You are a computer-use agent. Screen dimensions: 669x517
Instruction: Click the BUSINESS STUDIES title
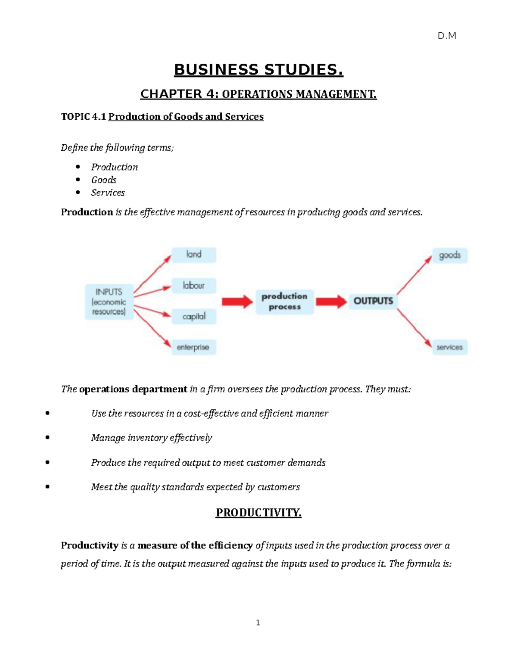point(258,70)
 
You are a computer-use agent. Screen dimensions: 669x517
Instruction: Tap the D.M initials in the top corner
point(447,36)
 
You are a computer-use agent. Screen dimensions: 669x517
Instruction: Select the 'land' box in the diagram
point(194,255)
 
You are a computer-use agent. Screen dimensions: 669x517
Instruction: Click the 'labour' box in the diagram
point(194,286)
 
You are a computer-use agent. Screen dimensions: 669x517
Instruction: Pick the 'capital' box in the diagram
point(194,317)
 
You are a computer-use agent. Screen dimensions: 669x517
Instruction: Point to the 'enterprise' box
point(193,347)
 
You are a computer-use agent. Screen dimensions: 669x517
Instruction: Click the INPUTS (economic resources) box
point(109,302)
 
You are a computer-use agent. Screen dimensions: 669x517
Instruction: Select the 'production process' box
point(284,302)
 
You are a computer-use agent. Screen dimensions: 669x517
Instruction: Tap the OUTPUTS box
point(373,301)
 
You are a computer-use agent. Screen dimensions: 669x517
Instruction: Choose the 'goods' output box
point(450,255)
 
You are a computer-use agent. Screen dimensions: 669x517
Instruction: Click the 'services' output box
point(449,347)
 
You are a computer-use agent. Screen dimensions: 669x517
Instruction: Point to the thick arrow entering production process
point(237,302)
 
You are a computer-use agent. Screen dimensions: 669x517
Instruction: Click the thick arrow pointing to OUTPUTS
point(331,302)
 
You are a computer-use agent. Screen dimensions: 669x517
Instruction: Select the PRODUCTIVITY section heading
point(258,513)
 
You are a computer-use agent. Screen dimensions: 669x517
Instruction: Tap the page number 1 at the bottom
point(258,622)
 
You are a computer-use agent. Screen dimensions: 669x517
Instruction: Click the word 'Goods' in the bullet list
point(103,180)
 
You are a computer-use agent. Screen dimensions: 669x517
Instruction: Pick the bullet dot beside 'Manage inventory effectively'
point(47,438)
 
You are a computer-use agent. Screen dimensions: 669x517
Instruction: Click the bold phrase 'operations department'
point(133,389)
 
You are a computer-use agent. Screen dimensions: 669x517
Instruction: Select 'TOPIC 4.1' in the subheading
point(83,117)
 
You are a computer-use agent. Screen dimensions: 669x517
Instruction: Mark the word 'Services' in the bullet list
point(108,193)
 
